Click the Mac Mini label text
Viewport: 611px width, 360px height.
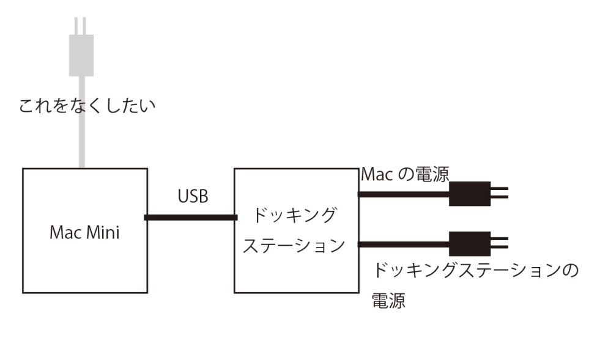pyautogui.click(x=84, y=232)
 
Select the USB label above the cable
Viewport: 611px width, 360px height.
pyautogui.click(x=193, y=197)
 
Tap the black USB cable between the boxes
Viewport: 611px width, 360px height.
pyautogui.click(x=190, y=217)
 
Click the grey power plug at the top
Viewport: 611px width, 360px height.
pyautogui.click(x=81, y=54)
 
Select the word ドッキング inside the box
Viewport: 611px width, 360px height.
pyautogui.click(x=295, y=215)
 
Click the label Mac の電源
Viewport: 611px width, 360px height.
pyautogui.click(x=404, y=174)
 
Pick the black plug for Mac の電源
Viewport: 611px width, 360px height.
pyautogui.click(x=470, y=194)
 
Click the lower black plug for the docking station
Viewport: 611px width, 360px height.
pyautogui.click(x=470, y=243)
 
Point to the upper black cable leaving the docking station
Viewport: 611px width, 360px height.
pyautogui.click(x=404, y=194)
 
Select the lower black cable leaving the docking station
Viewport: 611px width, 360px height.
pyautogui.click(x=404, y=244)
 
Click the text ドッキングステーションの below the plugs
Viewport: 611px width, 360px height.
pyautogui.click(x=475, y=270)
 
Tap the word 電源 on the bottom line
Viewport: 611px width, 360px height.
pyautogui.click(x=388, y=301)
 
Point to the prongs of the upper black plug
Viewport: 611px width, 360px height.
pyautogui.click(x=499, y=194)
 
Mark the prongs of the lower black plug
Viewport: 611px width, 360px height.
pyautogui.click(x=499, y=243)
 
